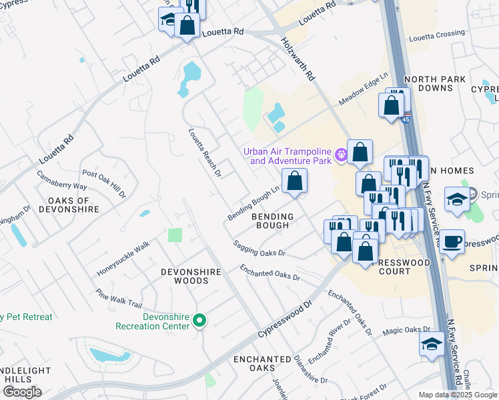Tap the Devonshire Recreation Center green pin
199,322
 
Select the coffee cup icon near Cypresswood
452,241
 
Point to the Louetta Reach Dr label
204,153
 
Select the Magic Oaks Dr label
406,330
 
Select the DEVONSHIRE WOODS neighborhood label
185,276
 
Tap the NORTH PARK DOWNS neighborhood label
434,83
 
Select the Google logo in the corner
21,392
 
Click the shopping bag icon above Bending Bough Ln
294,181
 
